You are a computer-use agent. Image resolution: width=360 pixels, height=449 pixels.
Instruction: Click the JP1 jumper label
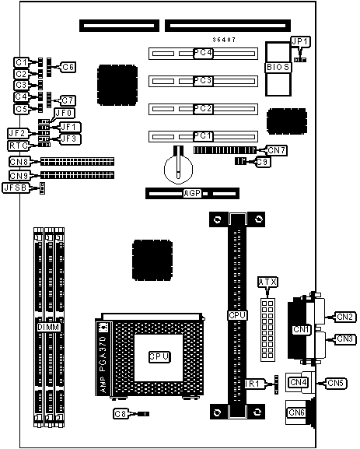coord(300,42)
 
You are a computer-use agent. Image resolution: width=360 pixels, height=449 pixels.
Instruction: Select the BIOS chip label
coord(278,67)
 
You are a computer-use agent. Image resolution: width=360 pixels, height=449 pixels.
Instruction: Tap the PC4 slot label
coord(203,53)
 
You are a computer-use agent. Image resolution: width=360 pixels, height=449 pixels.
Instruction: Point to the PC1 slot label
coord(203,135)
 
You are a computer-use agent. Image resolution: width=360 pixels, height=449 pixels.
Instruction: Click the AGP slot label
coord(192,194)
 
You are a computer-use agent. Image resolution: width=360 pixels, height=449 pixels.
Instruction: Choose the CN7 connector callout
coord(277,150)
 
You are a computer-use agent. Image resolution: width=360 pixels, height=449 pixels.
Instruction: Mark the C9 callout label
coord(262,162)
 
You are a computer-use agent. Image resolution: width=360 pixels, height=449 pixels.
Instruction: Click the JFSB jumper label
coord(16,188)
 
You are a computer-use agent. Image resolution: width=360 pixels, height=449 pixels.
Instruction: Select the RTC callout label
coord(19,146)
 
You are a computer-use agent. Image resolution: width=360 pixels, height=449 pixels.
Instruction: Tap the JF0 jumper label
coord(64,113)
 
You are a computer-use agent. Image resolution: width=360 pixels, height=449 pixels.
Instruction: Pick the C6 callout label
coord(68,67)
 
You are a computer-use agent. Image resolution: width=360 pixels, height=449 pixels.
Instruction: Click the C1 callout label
coord(21,62)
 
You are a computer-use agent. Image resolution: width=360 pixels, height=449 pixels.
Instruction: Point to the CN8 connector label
coord(19,162)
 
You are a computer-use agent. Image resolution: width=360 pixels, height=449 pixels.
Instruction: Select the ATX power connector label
coord(267,282)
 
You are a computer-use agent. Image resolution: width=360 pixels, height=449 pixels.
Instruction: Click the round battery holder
coord(178,170)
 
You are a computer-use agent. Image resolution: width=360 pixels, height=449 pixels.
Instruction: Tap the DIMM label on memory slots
coord(48,328)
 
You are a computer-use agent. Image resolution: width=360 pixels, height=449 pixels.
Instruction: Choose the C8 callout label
coord(121,414)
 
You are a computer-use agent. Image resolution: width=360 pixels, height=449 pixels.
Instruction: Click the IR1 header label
coord(252,384)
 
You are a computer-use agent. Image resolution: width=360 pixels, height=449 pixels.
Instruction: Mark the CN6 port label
coord(296,412)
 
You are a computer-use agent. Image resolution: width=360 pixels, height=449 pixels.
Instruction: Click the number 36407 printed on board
coord(224,40)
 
